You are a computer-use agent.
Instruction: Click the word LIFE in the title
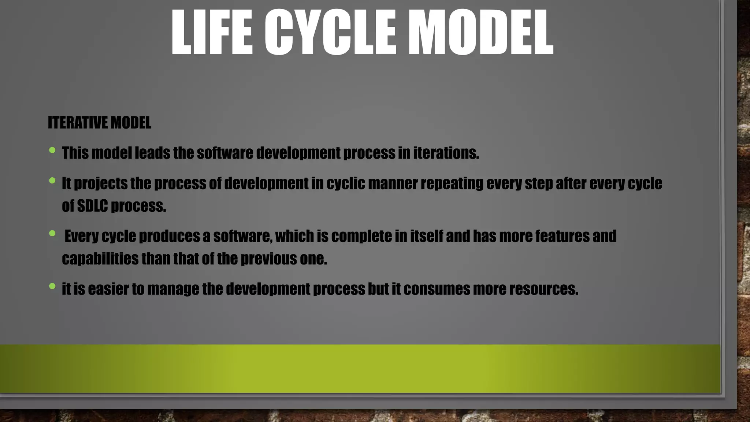[211, 33]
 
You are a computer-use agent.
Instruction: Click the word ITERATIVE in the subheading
[78, 123]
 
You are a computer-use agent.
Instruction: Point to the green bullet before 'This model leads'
[52, 150]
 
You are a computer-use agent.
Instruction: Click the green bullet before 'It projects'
[52, 181]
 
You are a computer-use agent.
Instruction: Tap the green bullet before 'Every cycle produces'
[52, 233]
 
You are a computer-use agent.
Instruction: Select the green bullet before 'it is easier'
[52, 286]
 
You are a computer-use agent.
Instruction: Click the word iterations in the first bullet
[446, 153]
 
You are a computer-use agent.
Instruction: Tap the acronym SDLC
[93, 206]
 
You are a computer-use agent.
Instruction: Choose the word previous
[269, 259]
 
